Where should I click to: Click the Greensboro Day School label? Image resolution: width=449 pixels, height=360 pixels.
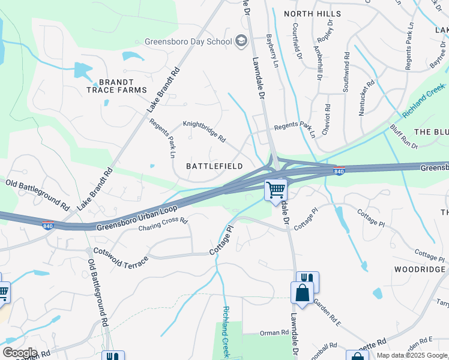coord(188,42)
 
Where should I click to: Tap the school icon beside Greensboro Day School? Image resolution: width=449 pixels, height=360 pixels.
coord(241,41)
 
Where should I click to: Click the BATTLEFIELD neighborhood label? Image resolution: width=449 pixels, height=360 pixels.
coord(214,166)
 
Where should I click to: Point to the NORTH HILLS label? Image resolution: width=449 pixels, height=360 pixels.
coord(312,13)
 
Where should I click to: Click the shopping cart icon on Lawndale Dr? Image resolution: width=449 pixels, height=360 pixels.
coord(276,190)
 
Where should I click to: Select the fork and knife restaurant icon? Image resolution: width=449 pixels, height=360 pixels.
coord(307,279)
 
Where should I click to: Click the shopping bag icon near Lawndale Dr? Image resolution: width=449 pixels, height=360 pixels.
coord(302,293)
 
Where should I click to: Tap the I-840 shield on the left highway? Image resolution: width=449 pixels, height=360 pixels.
coord(49,224)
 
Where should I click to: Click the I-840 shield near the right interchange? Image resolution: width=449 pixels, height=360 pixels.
coord(339,172)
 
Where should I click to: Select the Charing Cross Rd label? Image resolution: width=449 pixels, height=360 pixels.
coord(163,224)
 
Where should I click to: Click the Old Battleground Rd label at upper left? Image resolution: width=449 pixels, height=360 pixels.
coord(37,194)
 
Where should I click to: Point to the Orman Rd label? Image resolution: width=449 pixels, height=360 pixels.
coord(274,332)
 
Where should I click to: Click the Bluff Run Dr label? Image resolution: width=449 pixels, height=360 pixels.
coord(404,137)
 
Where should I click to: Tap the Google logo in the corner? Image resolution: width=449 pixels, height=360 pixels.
coord(20,352)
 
